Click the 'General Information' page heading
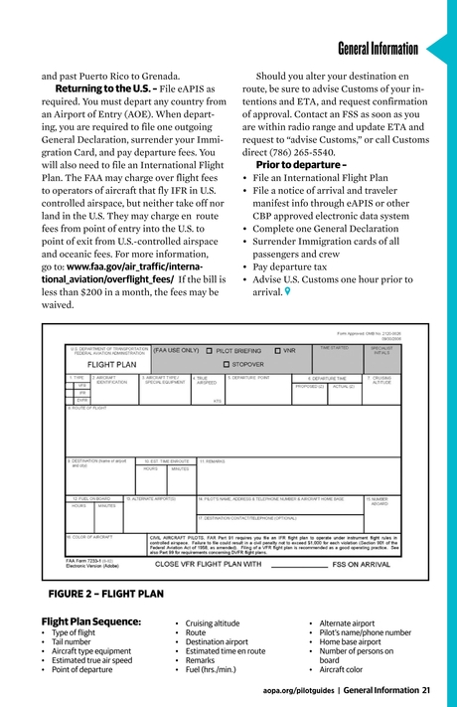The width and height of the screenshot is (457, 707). click(378, 49)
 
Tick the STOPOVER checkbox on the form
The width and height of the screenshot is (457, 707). click(213, 364)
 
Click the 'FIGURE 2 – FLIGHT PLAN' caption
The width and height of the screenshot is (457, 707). click(105, 595)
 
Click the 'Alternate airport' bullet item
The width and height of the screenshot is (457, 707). click(347, 622)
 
